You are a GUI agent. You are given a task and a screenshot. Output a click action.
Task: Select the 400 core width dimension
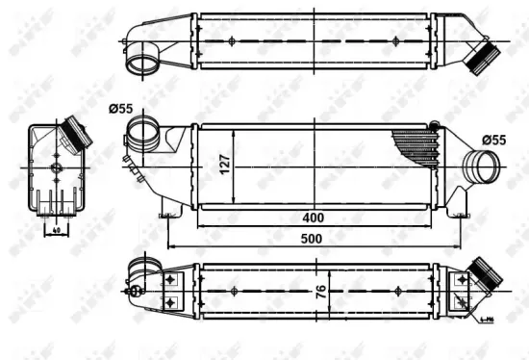pyautogui.click(x=313, y=218)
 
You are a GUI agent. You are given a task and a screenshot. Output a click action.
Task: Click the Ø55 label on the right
pyautogui.click(x=493, y=141)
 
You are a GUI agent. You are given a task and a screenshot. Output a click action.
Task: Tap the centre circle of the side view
pyautogui.click(x=55, y=169)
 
